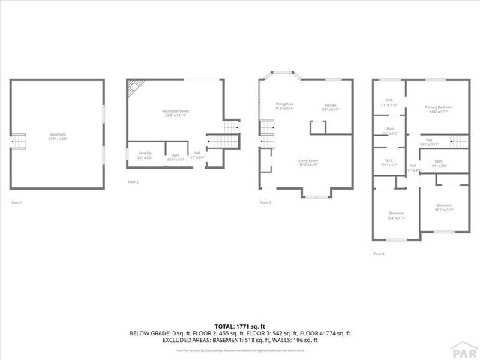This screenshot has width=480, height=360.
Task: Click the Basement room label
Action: pos(58,136)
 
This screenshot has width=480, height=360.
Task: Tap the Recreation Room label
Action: pos(175,112)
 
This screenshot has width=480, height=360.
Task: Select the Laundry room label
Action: pos(145,155)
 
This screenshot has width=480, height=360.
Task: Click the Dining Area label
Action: pos(285,106)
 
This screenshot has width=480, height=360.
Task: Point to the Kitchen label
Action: pos(331,106)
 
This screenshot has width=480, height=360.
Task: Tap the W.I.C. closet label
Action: pos(389,163)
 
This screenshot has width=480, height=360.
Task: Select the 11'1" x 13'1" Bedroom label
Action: pos(444,207)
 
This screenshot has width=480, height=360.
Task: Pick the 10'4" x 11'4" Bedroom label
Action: pos(397,214)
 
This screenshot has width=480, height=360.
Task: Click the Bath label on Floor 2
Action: pos(175,157)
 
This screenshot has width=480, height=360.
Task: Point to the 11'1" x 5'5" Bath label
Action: pos(438,163)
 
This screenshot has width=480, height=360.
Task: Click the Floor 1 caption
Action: pos(16,202)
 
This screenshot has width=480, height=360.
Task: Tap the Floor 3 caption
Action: pos(265,202)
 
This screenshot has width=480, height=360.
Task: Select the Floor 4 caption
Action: pos(379,253)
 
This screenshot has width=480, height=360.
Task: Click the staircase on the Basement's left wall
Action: pos(18,141)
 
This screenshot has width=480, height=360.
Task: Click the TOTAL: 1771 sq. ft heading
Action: pos(240,326)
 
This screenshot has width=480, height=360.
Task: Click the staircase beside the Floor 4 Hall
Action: pos(458,140)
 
